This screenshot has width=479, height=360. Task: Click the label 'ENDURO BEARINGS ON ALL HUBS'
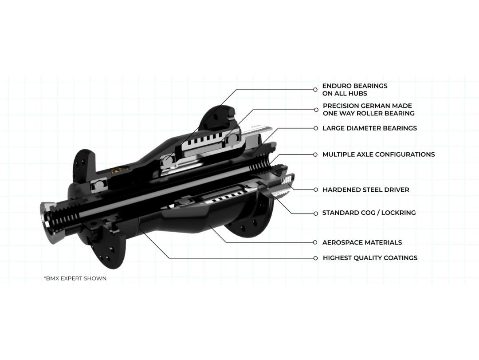tap(354, 89)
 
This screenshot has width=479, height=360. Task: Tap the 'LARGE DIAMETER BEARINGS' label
tap(369, 128)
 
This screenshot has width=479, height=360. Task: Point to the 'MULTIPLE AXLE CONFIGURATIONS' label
tap(378, 154)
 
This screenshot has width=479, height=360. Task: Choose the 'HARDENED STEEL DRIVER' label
tap(365, 190)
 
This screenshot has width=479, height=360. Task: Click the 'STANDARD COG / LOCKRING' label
tap(369, 213)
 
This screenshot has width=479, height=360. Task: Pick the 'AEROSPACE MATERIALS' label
tap(362, 242)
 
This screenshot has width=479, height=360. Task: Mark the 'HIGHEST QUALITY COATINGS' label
tap(370, 258)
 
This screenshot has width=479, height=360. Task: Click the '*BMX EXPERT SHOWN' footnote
tap(75, 278)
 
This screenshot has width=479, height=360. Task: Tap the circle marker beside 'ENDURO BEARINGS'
tap(316, 90)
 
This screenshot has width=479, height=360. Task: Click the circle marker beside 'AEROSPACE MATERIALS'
tap(316, 242)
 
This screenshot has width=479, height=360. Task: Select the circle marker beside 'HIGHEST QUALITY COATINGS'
tap(316, 258)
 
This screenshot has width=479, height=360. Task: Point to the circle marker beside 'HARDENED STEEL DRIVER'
tap(316, 190)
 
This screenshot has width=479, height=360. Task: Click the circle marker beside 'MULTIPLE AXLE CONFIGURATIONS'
tap(316, 154)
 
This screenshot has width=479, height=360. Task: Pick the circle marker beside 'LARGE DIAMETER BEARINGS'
tap(316, 128)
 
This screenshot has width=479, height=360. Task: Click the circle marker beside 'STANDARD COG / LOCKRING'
tap(316, 213)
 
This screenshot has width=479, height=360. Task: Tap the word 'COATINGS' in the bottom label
tap(399, 258)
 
